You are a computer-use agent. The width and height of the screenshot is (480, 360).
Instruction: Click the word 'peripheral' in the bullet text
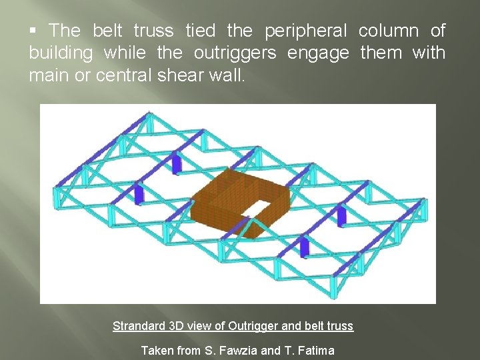[306, 31]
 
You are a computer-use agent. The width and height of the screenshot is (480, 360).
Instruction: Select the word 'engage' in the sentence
[318, 53]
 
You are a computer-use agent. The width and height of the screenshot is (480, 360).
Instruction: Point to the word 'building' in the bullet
[61, 53]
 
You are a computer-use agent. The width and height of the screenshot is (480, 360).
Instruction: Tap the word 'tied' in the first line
[200, 31]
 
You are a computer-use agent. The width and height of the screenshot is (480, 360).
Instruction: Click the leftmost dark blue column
[139, 194]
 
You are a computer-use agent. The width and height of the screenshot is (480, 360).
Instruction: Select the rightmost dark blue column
[341, 216]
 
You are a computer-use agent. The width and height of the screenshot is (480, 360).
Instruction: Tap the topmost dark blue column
[176, 163]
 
